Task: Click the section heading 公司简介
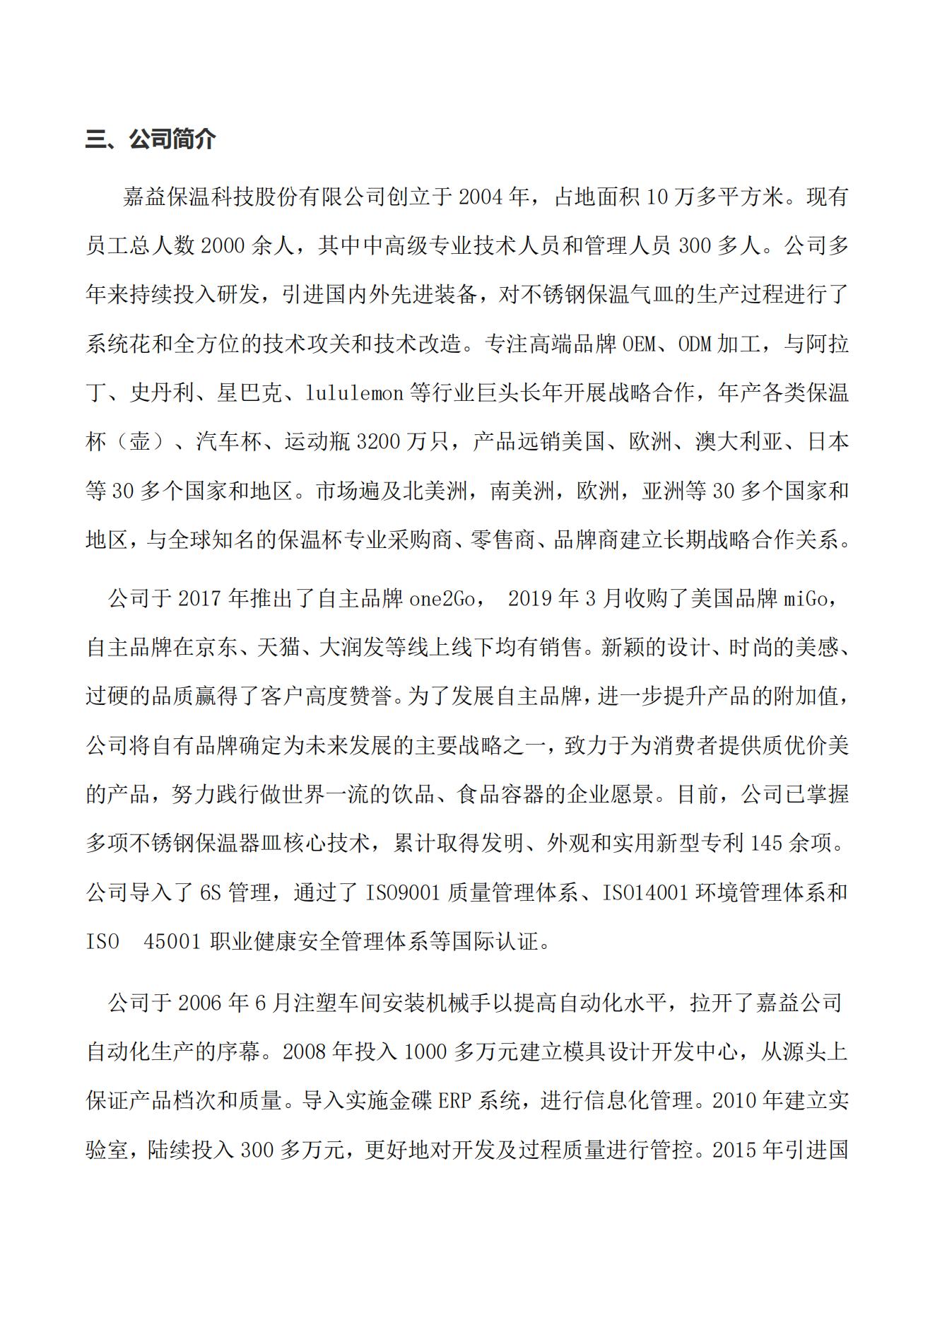[x=172, y=139]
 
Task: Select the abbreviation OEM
[x=640, y=344]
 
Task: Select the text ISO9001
[x=402, y=893]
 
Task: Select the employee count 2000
[x=223, y=246]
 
